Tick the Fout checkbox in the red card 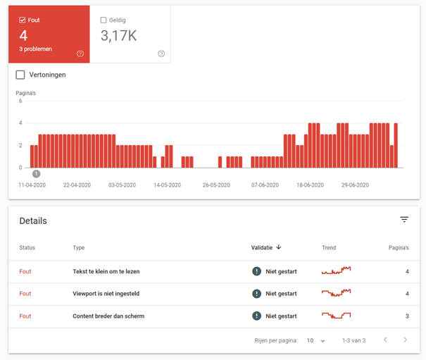23,20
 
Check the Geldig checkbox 104,20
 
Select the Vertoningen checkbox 20,75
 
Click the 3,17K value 119,36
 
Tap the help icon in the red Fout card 80,54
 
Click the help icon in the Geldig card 161,54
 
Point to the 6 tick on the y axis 20,101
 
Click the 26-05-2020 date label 216,185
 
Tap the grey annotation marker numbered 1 36,174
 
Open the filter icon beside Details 404,219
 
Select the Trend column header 329,248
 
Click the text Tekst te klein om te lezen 106,271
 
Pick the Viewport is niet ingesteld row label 106,294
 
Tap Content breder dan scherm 108,316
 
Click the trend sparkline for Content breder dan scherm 337,316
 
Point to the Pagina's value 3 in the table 407,316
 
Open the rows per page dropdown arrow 322,341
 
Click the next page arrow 406,340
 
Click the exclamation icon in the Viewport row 256,294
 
